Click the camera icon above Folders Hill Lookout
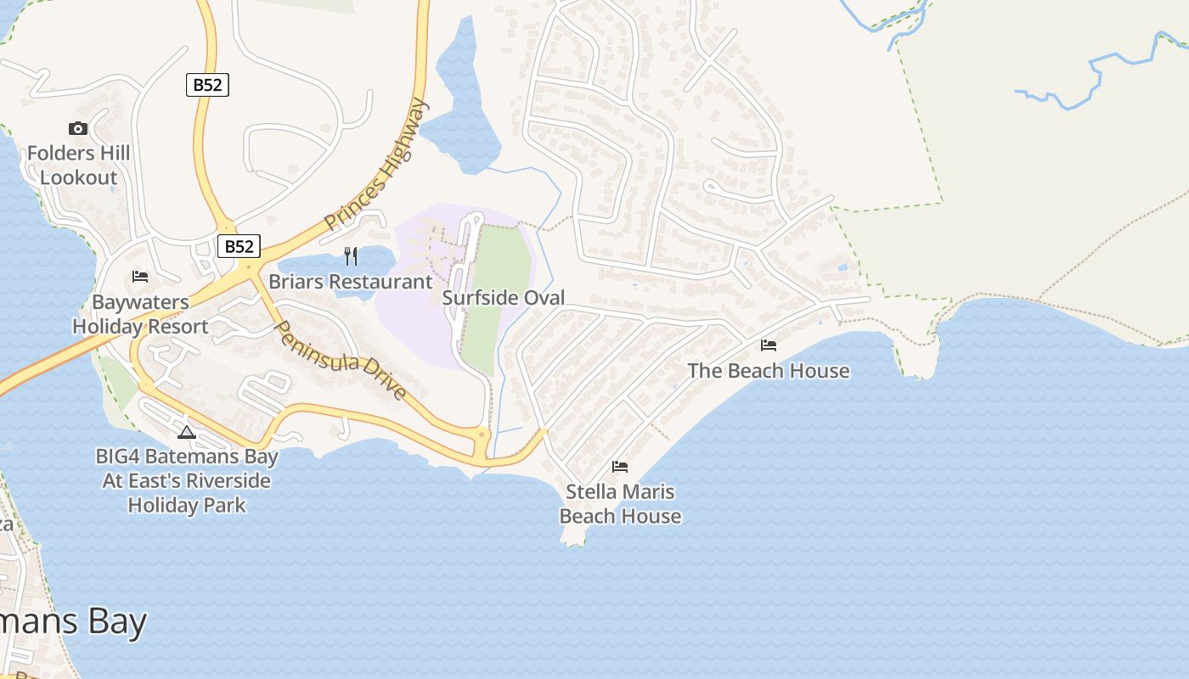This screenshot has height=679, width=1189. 78,129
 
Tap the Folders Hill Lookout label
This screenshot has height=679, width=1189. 78,166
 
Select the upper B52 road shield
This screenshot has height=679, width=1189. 207,85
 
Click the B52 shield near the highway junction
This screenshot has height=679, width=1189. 239,246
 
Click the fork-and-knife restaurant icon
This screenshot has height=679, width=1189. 350,255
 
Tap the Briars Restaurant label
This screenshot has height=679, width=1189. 350,281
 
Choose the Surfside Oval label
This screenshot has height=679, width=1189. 503,298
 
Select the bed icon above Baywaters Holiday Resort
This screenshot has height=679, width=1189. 140,277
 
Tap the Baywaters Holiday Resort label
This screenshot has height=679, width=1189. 140,314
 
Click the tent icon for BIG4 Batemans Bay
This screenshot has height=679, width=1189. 187,432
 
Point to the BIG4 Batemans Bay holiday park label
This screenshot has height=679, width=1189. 187,480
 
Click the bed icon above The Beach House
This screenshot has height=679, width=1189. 769,345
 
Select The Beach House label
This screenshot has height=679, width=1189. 768,371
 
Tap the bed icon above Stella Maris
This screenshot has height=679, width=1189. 620,466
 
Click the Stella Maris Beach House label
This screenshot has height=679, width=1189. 620,503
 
